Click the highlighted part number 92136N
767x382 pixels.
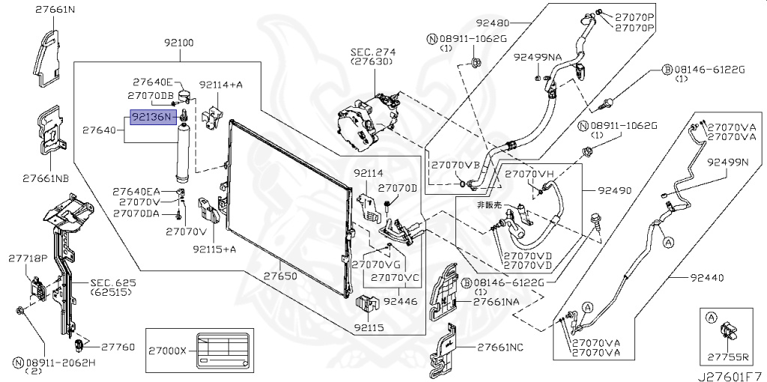pyautogui.click(x=154, y=118)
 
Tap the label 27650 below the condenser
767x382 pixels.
pyautogui.click(x=280, y=276)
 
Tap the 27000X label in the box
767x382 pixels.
pyautogui.click(x=167, y=350)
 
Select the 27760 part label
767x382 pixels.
pyautogui.click(x=118, y=347)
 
